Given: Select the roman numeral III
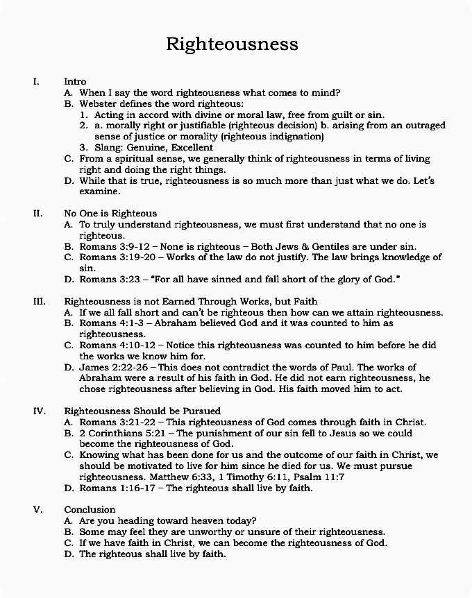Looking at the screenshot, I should [39, 302].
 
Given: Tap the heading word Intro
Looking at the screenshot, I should [75, 82].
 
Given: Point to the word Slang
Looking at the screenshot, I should [107, 148].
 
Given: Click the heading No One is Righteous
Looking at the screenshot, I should [110, 213].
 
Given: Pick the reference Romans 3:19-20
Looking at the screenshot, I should [115, 257].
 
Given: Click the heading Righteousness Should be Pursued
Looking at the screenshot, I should [142, 411].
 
